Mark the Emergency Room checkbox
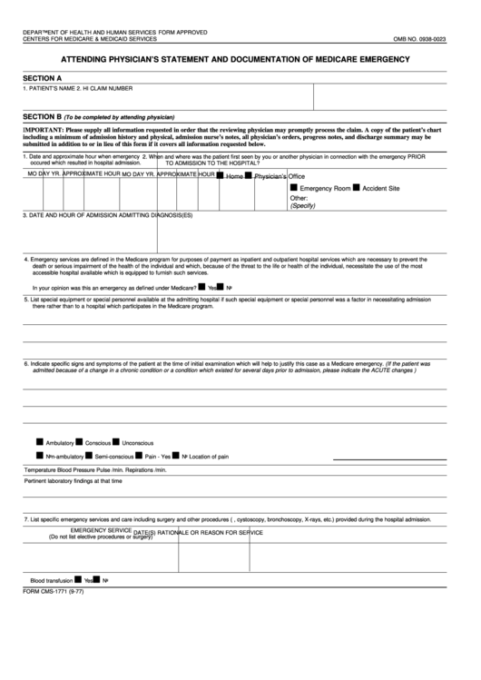point(294,187)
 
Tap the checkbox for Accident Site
point(357,187)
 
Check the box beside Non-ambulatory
point(40,455)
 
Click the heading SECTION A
point(43,78)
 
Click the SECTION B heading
point(43,117)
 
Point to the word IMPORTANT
point(43,130)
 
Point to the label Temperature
point(44,471)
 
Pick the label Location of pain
point(210,456)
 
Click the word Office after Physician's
point(297,175)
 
